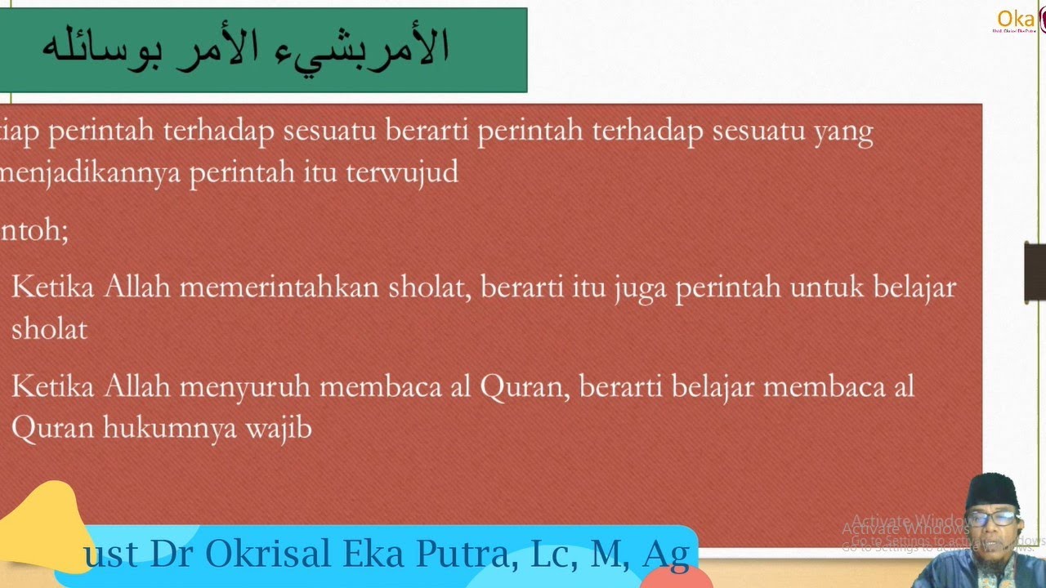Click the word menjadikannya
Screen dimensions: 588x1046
click(89, 173)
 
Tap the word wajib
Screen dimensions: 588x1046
click(278, 428)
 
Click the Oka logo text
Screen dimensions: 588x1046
click(1016, 19)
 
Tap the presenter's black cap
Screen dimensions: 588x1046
click(990, 488)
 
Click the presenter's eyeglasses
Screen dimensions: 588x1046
click(993, 517)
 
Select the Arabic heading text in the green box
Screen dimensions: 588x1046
click(245, 48)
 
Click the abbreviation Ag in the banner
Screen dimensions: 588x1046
click(666, 554)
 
